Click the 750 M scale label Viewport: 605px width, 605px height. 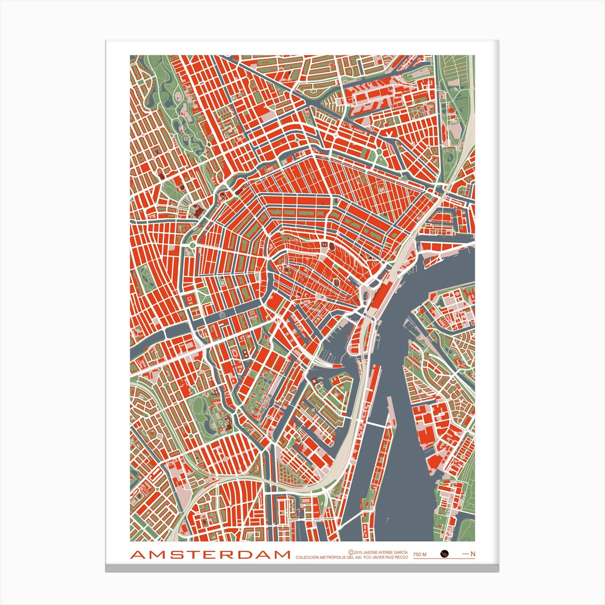tap(420, 554)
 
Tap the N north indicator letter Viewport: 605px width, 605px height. tap(473, 554)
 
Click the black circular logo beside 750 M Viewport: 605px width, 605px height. tap(444, 553)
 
